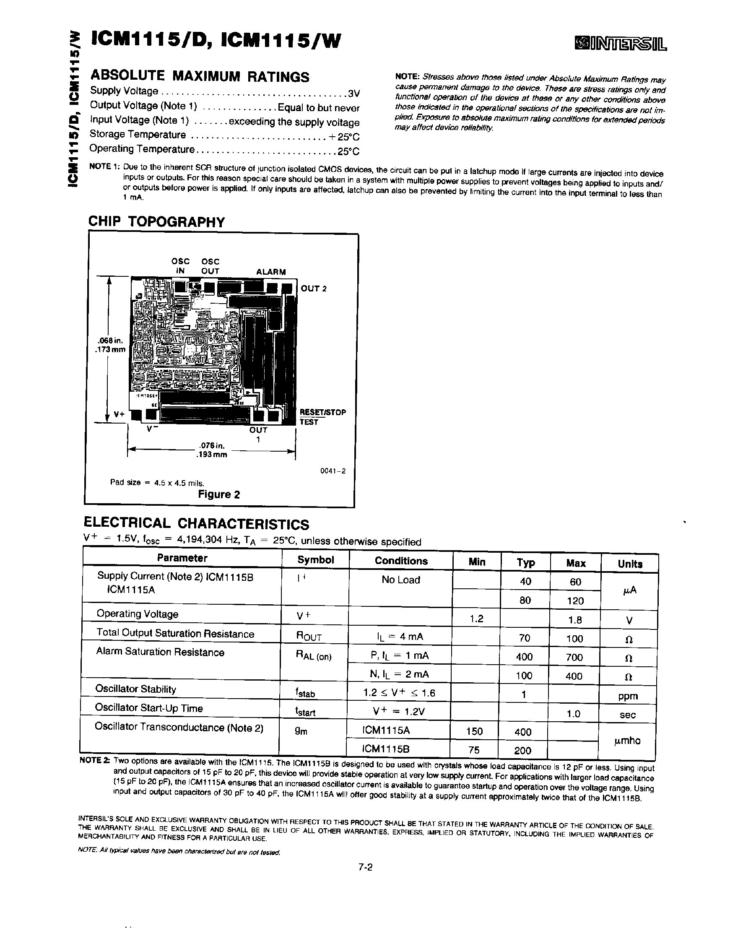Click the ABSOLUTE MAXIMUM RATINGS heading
[x=200, y=76]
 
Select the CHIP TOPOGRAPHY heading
[x=157, y=222]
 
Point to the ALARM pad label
[x=271, y=272]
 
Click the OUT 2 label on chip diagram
[x=314, y=289]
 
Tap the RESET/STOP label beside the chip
[x=323, y=412]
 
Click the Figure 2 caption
[x=218, y=494]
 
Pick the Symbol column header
[x=315, y=559]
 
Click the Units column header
[x=629, y=564]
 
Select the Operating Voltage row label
[x=137, y=614]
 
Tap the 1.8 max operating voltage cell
[x=575, y=620]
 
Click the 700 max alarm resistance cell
[x=574, y=657]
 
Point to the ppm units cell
[x=628, y=696]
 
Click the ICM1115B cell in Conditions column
[x=386, y=749]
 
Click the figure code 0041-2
[x=333, y=471]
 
